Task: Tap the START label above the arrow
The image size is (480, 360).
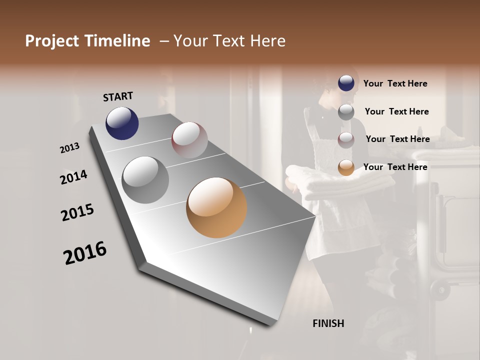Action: [118, 96]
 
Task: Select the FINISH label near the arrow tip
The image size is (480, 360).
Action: [328, 323]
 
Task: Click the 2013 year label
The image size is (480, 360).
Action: [70, 148]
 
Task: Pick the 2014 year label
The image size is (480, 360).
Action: [74, 177]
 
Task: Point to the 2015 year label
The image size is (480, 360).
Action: [77, 212]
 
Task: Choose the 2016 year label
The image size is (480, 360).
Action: [85, 252]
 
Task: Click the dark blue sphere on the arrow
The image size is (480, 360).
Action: [122, 123]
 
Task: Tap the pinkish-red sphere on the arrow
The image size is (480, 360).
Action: [189, 140]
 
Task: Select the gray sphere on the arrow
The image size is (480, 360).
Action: [145, 179]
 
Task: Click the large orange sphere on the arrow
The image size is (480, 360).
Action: [216, 207]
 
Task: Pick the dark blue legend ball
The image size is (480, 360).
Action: [346, 83]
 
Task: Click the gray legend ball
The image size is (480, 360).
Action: [346, 111]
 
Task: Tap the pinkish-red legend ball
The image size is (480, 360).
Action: [346, 139]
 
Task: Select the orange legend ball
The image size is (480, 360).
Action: [346, 167]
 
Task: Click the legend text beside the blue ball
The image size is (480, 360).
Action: [395, 83]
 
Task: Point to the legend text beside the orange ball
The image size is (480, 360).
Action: [395, 167]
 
